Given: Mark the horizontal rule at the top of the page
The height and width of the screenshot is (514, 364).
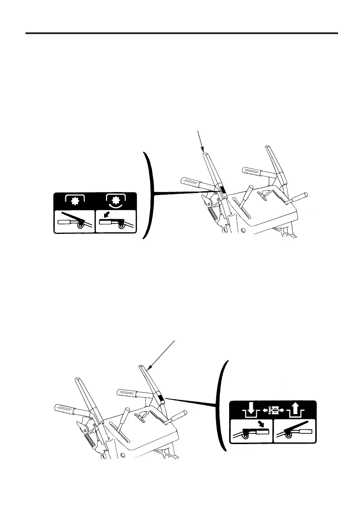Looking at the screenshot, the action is pos(182,33).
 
